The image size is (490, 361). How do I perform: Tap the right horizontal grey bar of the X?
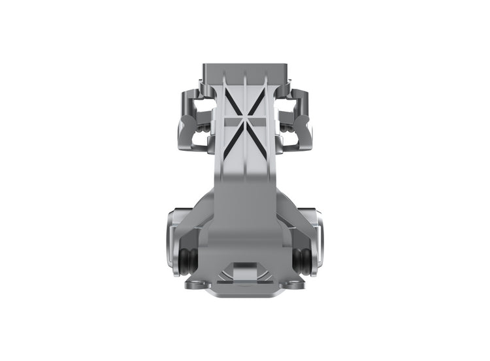coord(257,122)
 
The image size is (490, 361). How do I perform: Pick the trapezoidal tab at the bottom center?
coord(244,269)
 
